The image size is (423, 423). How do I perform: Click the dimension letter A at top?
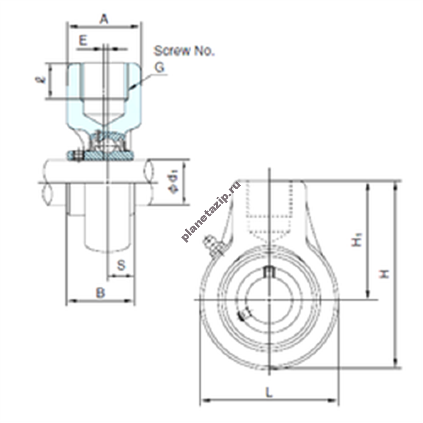pyautogui.click(x=104, y=19)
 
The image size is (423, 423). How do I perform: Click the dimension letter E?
pyautogui.click(x=83, y=41)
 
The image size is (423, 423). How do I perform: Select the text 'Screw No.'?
pyautogui.click(x=184, y=51)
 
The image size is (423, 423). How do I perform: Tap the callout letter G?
pyautogui.click(x=160, y=67)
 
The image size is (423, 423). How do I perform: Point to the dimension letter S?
pyautogui.click(x=121, y=265)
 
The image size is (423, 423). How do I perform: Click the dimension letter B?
pyautogui.click(x=101, y=292)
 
